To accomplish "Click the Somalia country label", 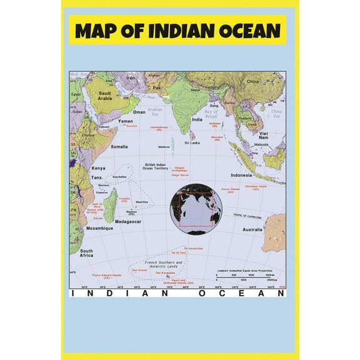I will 119,147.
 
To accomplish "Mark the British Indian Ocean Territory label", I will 155,166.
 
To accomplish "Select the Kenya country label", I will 99,169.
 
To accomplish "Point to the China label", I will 252,82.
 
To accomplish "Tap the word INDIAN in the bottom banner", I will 119,293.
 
